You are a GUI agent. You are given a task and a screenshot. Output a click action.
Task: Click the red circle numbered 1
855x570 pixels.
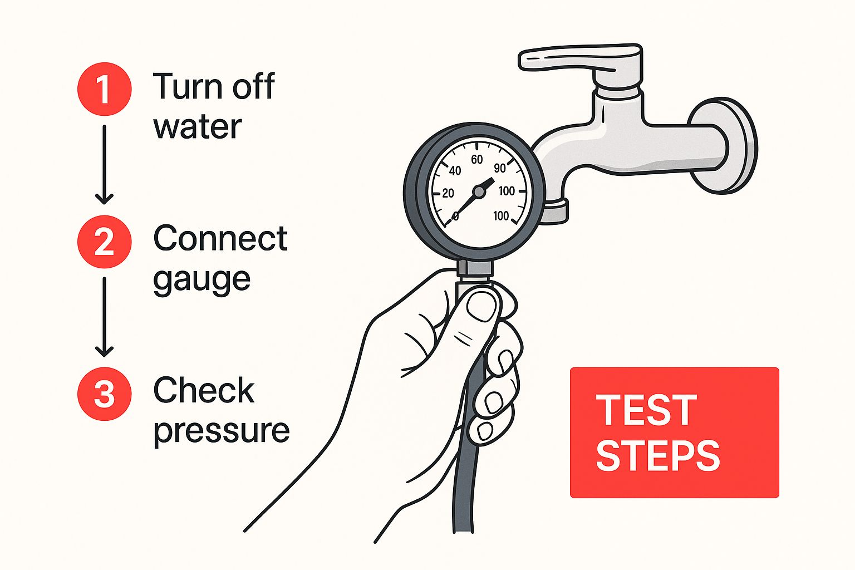104,89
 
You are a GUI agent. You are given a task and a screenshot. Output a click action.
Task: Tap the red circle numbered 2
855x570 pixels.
104,242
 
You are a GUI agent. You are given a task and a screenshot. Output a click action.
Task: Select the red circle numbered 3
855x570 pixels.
104,394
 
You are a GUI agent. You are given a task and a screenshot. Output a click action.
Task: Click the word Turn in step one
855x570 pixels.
188,86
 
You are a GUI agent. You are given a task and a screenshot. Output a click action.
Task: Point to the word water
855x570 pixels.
198,126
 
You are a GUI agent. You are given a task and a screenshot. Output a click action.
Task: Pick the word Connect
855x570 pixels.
220,238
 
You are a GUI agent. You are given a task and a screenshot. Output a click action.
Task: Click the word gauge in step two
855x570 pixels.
202,281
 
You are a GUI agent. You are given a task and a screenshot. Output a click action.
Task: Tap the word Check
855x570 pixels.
204,390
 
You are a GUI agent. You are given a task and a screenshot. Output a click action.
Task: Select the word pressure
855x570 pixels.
222,432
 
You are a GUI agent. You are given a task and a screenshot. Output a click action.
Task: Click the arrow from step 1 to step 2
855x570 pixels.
104,165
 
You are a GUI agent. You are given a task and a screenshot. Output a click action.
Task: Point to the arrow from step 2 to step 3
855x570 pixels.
104,317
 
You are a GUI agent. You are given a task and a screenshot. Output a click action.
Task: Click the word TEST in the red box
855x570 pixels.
646,410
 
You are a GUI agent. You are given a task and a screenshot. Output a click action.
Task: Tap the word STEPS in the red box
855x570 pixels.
658,455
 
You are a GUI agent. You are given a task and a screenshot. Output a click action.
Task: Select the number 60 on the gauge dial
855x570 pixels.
476,160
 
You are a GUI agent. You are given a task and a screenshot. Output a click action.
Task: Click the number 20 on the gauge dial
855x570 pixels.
448,193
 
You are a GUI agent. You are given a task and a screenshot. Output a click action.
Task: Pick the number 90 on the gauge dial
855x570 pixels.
500,168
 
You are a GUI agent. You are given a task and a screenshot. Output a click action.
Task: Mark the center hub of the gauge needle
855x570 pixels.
479,191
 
